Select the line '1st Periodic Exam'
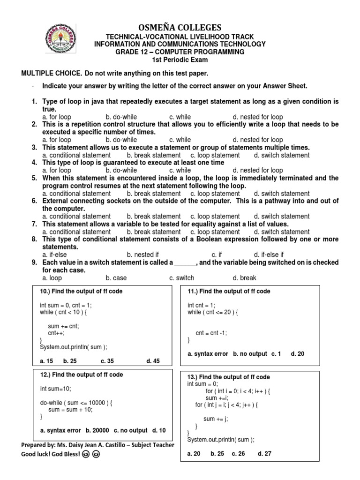pyautogui.click(x=180, y=60)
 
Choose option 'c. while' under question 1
pyautogui.click(x=180, y=117)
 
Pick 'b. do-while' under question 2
pyautogui.click(x=121, y=140)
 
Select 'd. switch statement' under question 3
pyautogui.click(x=282, y=155)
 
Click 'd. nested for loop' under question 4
pyautogui.click(x=258, y=170)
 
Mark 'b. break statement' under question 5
pyautogui.click(x=153, y=193)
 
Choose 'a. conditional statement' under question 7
pyautogui.click(x=76, y=232)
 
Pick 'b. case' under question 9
pyautogui.click(x=116, y=278)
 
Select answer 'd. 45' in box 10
pyautogui.click(x=153, y=360)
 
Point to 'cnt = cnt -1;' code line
pyautogui.click(x=211, y=333)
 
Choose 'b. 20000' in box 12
pyautogui.click(x=97, y=430)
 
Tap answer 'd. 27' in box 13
pyautogui.click(x=264, y=454)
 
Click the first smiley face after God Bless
pyautogui.click(x=85, y=455)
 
